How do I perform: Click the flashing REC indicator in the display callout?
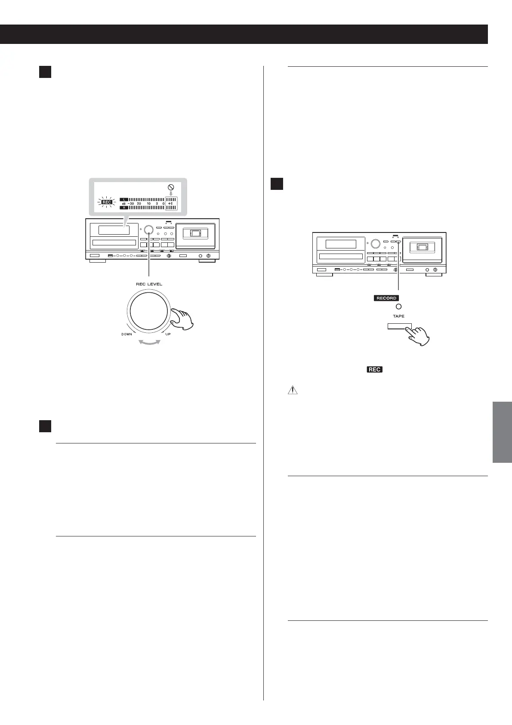(x=106, y=202)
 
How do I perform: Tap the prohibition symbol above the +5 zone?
(x=171, y=187)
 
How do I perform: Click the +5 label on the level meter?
(x=171, y=203)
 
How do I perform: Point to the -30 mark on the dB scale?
(x=130, y=203)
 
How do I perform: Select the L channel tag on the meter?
(x=123, y=199)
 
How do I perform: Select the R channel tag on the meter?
(x=123, y=208)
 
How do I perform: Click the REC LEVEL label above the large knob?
(x=149, y=284)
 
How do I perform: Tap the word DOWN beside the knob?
(x=126, y=334)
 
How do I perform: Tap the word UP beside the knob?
(x=168, y=334)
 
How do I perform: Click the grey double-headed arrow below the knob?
(x=149, y=342)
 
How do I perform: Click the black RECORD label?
(x=386, y=298)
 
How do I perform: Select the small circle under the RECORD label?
(x=398, y=307)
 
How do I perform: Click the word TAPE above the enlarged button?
(x=398, y=316)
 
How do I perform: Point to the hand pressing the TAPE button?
(x=419, y=335)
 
